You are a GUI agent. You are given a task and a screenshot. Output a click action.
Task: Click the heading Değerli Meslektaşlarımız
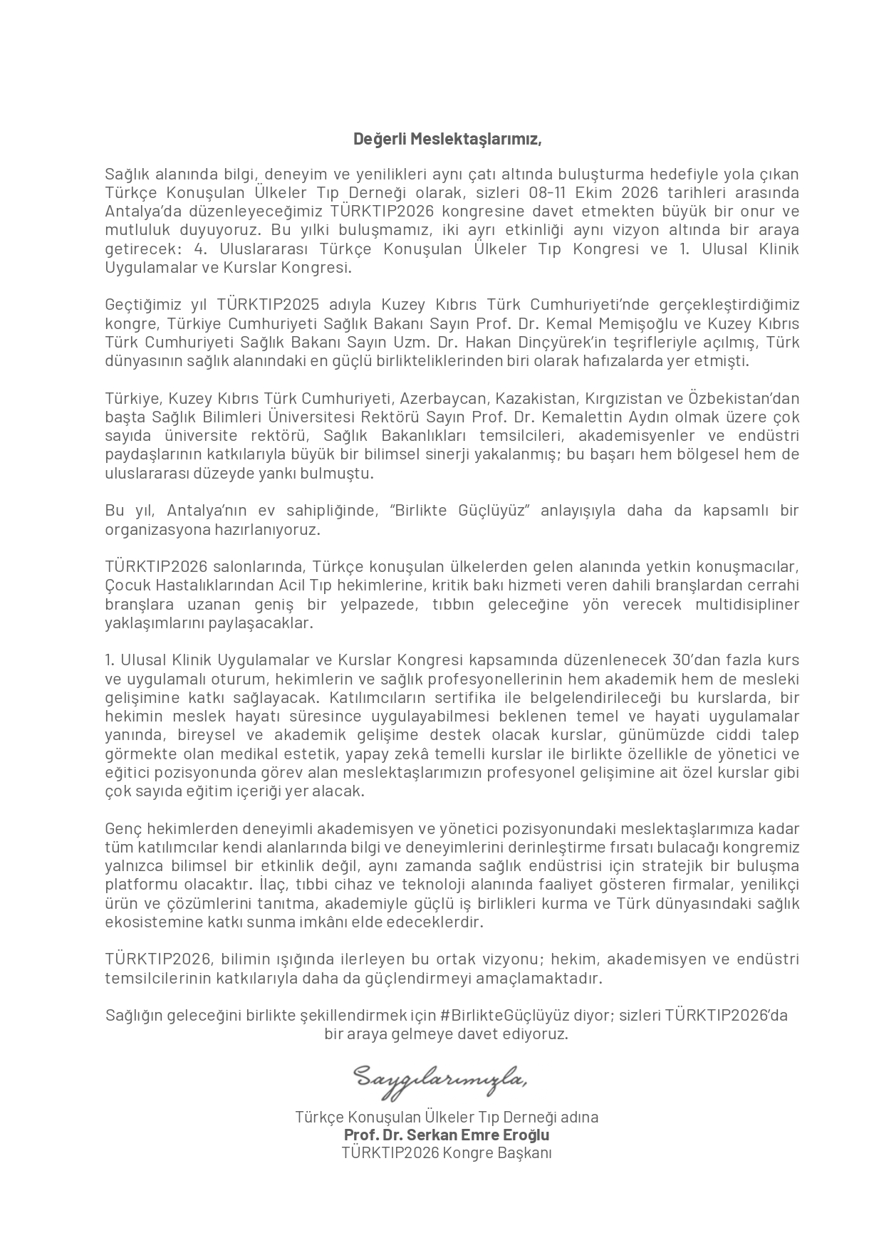447,139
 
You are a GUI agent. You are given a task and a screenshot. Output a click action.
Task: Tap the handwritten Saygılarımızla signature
442,1078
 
